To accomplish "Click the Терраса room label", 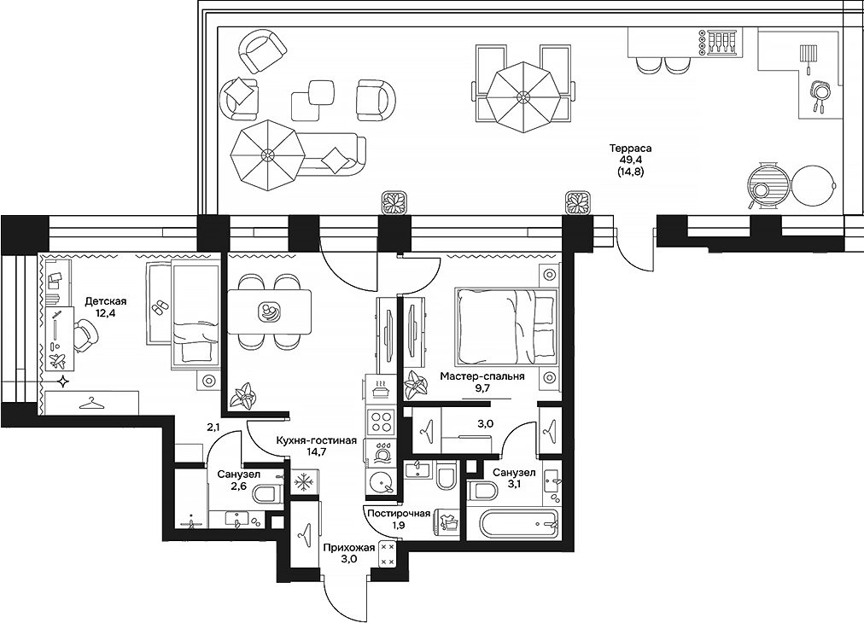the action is (x=630, y=148).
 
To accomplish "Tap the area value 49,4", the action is (x=631, y=160).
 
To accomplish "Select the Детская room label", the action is (x=106, y=302).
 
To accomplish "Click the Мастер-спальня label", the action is (x=482, y=376).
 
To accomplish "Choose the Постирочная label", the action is (x=399, y=514).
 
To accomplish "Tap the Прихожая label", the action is (x=349, y=548).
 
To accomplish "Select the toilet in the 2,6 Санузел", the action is (x=268, y=494).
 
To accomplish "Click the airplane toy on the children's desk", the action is (x=56, y=361).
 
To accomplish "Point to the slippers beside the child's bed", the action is (x=161, y=307).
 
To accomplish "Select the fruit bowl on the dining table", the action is (x=270, y=312).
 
